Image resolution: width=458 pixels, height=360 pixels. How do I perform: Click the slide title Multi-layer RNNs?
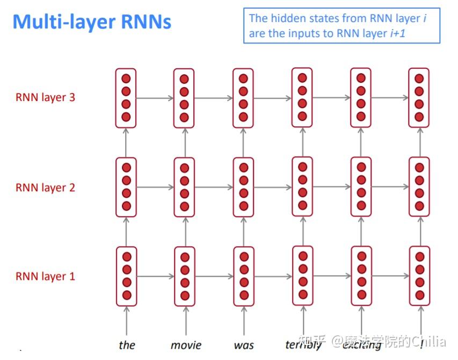point(92,22)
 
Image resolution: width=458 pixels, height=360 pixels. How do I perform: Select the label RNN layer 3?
point(45,98)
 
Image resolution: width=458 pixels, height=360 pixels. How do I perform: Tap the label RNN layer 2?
point(45,188)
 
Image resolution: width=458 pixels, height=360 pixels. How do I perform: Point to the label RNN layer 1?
point(45,277)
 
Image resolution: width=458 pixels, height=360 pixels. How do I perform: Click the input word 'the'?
point(127,344)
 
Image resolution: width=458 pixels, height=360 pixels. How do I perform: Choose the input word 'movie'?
point(185,344)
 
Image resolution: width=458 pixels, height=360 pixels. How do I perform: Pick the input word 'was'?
point(244,344)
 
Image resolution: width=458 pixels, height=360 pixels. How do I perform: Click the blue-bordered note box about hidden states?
point(341,26)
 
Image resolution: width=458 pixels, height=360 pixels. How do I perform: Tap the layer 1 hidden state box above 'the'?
point(126,276)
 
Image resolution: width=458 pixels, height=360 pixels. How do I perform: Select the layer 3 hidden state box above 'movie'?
point(184,98)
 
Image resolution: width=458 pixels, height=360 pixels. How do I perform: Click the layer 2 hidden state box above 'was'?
point(243,187)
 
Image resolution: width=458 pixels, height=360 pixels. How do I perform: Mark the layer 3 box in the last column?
point(419,97)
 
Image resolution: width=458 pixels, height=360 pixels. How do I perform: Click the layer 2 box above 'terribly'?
point(302,186)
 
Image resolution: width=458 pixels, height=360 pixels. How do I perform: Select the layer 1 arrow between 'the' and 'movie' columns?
point(155,277)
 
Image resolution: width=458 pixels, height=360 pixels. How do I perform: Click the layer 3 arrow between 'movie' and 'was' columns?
point(214,98)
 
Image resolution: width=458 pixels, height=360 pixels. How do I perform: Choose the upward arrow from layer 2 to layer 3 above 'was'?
point(243,142)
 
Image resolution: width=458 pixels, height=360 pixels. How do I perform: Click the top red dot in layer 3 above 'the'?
point(126,78)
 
